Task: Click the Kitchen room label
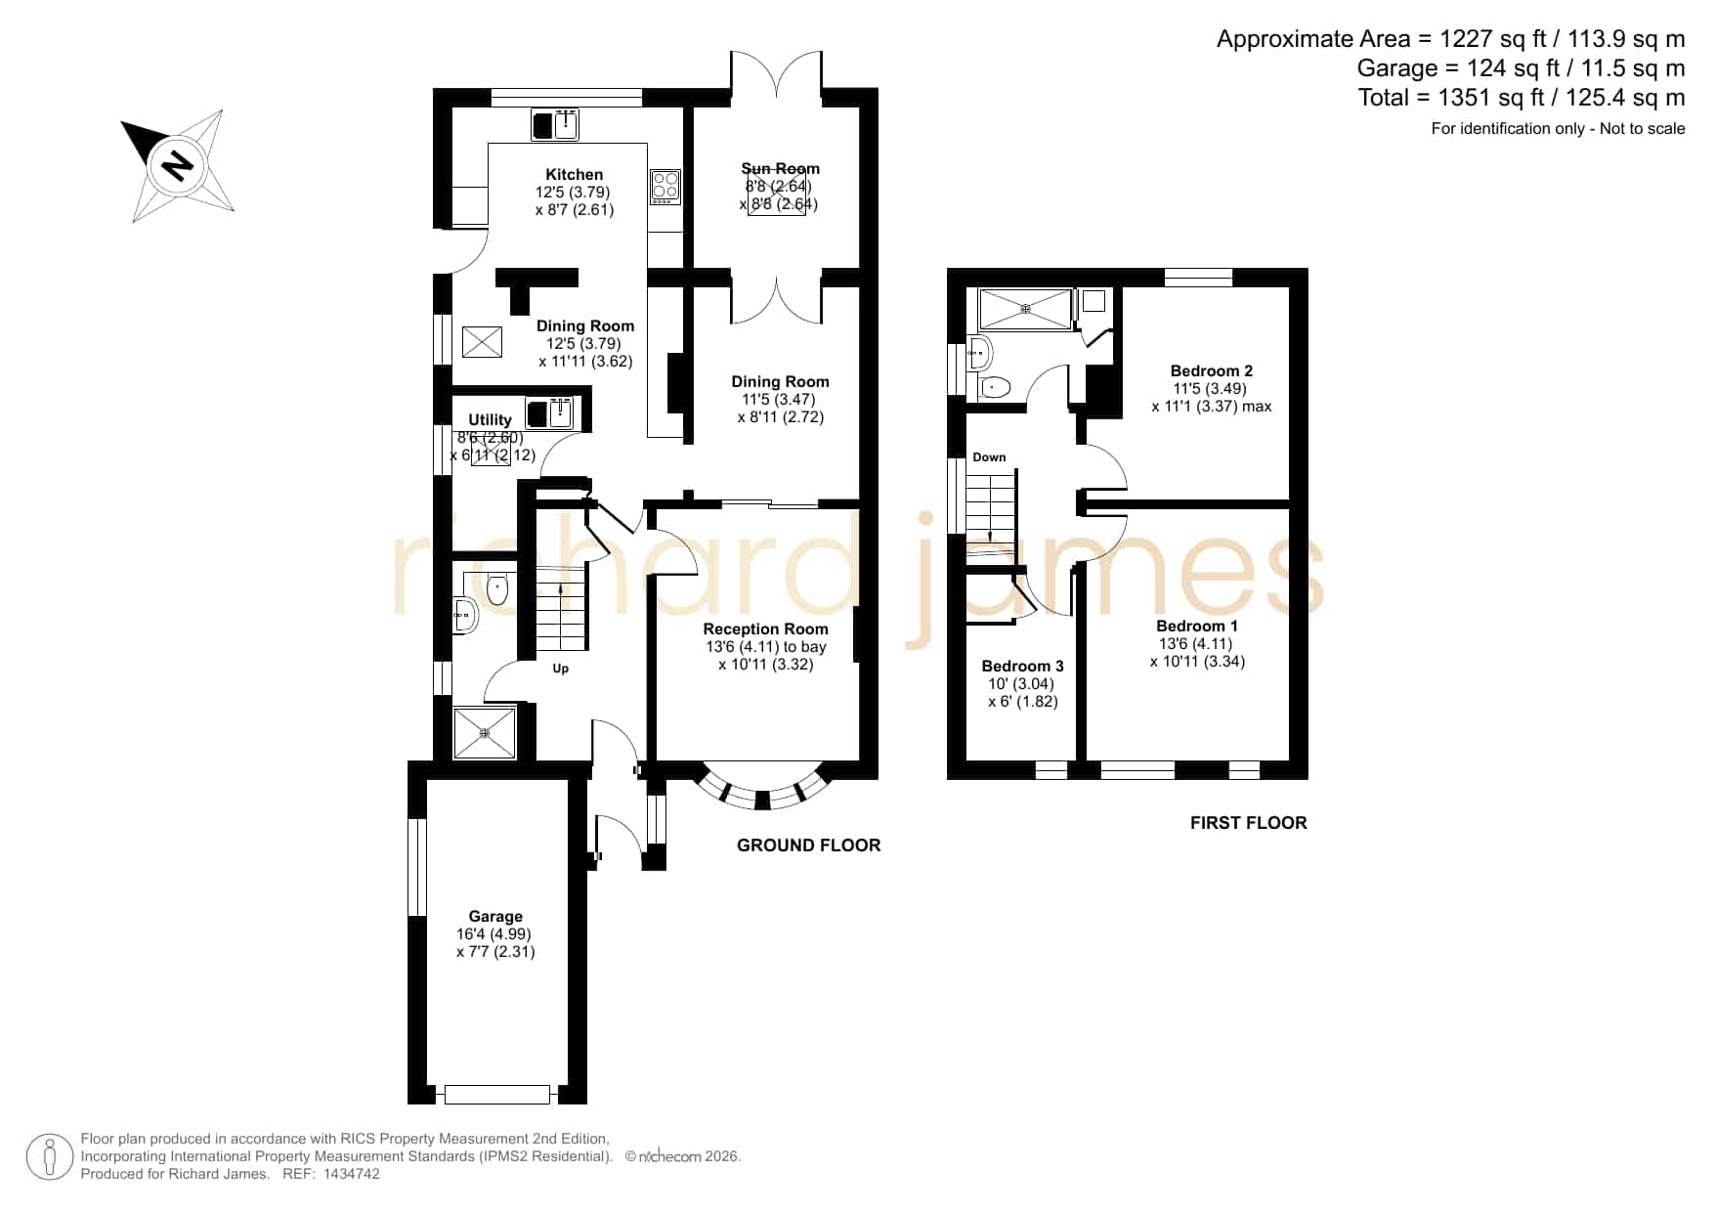coord(575,175)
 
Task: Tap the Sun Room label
coord(780,168)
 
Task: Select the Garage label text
coord(495,916)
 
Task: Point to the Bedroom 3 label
coord(1022,667)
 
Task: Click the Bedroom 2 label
coord(1212,371)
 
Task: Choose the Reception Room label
coord(765,629)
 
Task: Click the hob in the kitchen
coord(665,187)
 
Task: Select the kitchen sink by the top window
coord(555,124)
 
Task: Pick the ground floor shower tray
coord(485,733)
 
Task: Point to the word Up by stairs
coord(561,669)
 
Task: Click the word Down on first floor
coord(989,457)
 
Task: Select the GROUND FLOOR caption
coord(809,845)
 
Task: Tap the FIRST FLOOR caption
coord(1249,823)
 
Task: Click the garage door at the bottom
coord(497,1095)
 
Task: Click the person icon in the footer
coord(49,1157)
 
